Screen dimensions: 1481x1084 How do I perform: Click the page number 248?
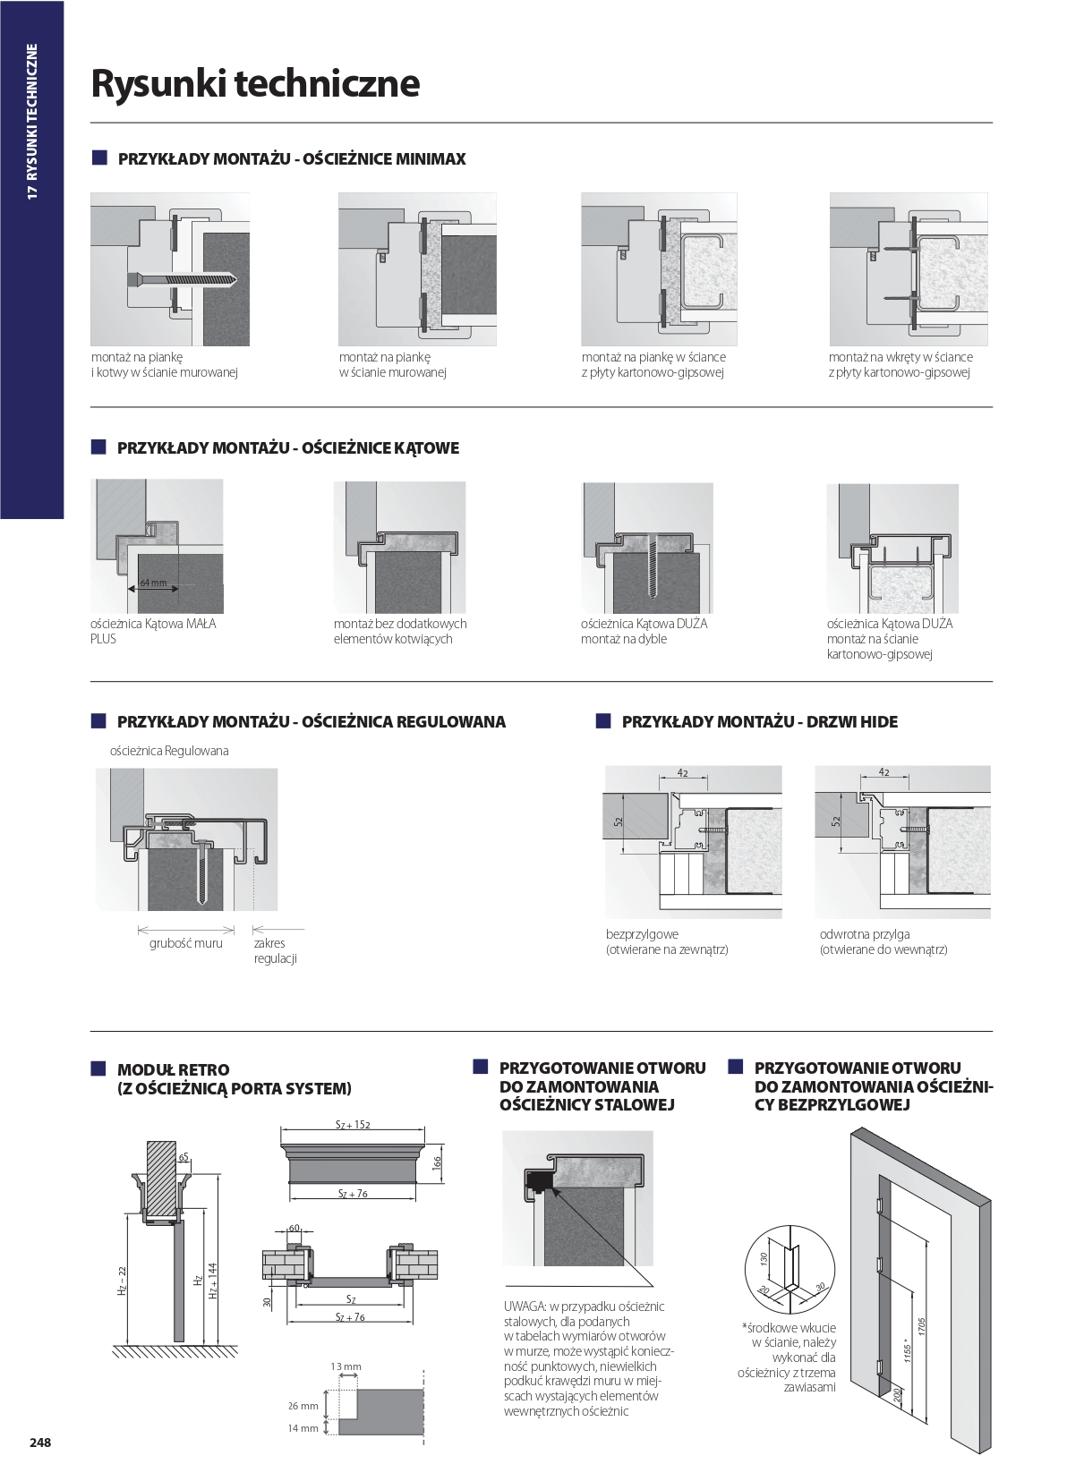coord(40,1443)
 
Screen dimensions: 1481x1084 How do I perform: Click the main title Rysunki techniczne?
coord(255,83)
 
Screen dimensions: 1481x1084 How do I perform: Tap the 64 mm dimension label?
coord(153,583)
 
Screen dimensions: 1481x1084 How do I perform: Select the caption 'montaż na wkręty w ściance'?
coord(900,357)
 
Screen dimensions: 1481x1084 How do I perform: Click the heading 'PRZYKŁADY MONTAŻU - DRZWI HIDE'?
coord(759,721)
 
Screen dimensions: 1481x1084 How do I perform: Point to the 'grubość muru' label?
coord(185,943)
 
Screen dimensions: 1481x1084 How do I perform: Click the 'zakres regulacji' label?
coord(275,950)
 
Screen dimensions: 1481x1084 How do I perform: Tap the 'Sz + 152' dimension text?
coord(353,1124)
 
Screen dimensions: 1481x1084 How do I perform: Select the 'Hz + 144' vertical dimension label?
coord(213,1281)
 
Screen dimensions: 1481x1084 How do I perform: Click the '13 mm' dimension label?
coord(346,1366)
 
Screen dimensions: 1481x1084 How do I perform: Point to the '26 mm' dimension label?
coord(303,1405)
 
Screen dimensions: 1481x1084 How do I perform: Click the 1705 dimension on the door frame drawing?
coord(921,1326)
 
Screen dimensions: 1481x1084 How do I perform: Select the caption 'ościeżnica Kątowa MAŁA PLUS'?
coord(153,631)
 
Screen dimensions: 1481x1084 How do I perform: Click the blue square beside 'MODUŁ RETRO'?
coord(98,1068)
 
